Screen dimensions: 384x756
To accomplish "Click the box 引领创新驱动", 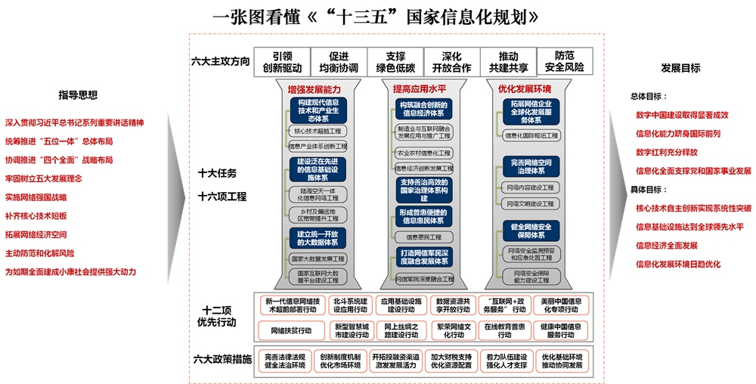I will [x=281, y=62].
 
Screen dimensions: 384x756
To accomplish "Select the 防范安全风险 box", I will [x=564, y=62].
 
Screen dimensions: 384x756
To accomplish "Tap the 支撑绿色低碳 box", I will [x=395, y=62].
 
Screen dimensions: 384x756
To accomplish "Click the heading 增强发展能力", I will [x=314, y=89].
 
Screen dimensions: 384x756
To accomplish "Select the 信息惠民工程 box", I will [x=423, y=237].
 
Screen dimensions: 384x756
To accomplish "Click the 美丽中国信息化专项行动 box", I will [x=560, y=305].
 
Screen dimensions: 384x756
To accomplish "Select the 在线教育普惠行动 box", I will [x=506, y=330].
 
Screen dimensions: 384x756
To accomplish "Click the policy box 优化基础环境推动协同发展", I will [x=561, y=361].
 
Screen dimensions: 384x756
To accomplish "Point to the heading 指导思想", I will [x=79, y=95].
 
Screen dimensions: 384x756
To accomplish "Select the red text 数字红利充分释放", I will [x=667, y=152].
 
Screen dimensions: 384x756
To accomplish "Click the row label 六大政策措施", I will [x=222, y=359].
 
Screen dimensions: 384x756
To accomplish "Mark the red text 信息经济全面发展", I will [x=667, y=245].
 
